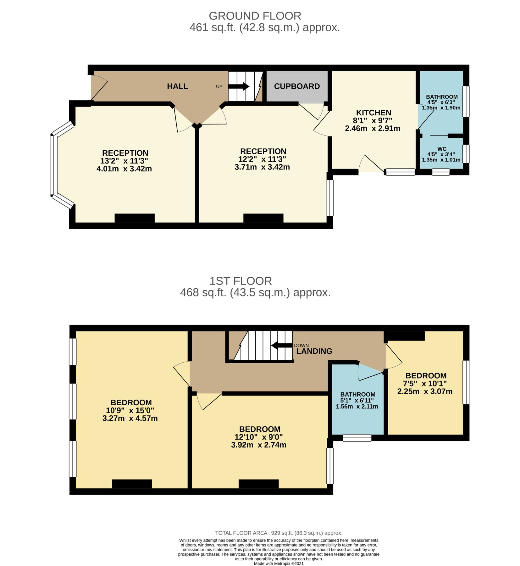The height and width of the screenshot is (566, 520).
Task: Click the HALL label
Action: click(177, 86)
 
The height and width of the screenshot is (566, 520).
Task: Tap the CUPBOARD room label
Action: click(296, 86)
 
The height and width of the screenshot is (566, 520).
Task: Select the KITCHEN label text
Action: click(373, 113)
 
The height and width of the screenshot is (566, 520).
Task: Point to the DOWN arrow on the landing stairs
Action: click(282, 346)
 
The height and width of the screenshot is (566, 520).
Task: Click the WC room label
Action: click(441, 149)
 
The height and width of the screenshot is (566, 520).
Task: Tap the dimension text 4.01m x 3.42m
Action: click(124, 169)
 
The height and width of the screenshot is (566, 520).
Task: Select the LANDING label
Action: click(314, 351)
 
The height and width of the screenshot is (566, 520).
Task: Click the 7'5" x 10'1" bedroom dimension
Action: click(424, 383)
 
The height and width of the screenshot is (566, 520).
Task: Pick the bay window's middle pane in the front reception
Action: click(52, 165)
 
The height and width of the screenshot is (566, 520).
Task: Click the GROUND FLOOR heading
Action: click(255, 16)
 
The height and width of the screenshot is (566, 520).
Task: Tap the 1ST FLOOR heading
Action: click(241, 280)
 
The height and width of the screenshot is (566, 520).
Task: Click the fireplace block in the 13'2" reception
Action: click(134, 218)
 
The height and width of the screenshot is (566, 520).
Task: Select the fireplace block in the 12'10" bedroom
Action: click(258, 484)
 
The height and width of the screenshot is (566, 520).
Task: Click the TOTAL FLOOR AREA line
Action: click(278, 533)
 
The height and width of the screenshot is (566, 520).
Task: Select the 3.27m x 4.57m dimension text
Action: click(130, 418)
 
